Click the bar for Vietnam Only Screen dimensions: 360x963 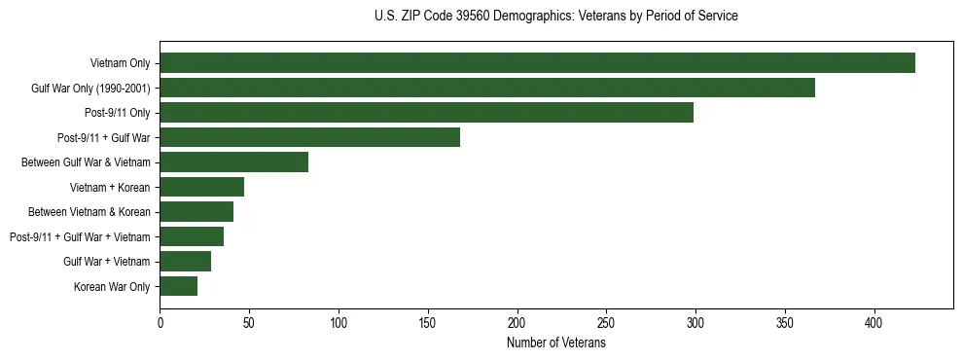coord(537,63)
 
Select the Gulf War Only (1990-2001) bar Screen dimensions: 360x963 coord(487,88)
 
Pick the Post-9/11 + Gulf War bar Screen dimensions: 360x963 coord(309,137)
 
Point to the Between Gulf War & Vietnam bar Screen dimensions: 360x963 coord(233,162)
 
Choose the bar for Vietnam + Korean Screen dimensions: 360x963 coord(201,187)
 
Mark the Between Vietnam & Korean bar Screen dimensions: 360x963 coord(196,212)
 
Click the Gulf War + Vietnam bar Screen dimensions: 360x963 coord(185,261)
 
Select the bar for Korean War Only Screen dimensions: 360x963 coord(178,286)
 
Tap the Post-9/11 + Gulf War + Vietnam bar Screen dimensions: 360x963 coord(192,236)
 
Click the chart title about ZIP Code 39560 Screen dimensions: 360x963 coord(555,17)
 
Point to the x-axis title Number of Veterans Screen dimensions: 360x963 coord(555,343)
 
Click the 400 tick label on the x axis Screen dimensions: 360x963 coord(874,322)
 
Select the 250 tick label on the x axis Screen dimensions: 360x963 coord(606,322)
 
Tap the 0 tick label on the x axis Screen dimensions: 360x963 coord(160,322)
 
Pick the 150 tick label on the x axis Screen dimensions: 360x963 coord(428,322)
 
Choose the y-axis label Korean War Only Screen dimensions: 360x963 coord(112,286)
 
